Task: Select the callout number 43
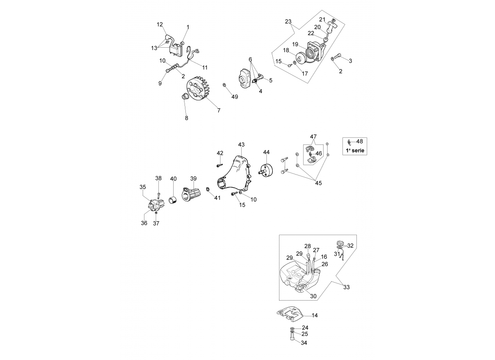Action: (x=241, y=144)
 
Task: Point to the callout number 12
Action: (x=160, y=24)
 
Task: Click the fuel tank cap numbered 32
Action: (x=340, y=244)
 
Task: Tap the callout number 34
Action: (x=304, y=343)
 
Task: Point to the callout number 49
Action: (x=234, y=97)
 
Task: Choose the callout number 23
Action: (x=288, y=22)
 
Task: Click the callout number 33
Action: (x=346, y=287)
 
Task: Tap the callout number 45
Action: (x=319, y=183)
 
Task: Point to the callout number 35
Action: (x=142, y=187)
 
